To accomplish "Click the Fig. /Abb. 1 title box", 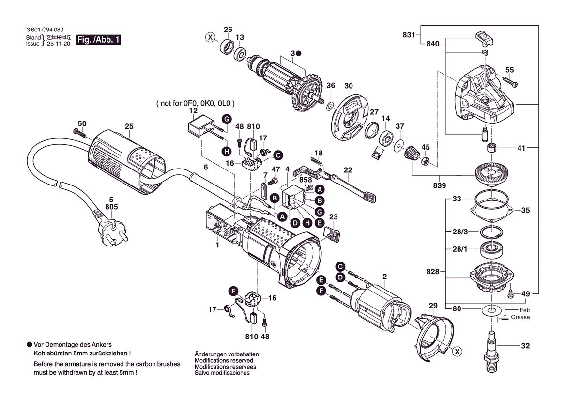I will [98, 40].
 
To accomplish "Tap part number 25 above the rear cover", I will [128, 127].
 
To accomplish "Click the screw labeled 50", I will [79, 132].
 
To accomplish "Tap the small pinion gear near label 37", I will [411, 155].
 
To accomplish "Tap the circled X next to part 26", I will [210, 37].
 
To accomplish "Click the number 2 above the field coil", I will [384, 277].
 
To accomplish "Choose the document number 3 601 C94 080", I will [45, 30].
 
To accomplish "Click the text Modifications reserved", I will [224, 361].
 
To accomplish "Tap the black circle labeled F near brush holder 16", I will [233, 291].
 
